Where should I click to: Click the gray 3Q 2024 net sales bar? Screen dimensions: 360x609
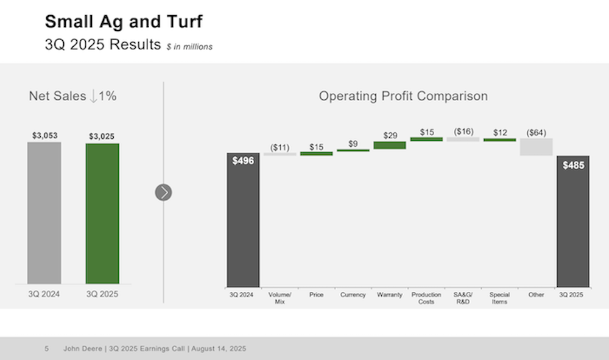coord(44,213)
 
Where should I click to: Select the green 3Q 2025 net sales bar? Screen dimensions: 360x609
coord(102,213)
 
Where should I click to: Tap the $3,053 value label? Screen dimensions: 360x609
coord(44,135)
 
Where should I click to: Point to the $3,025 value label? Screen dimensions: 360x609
coord(102,136)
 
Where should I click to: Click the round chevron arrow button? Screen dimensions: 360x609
coord(163,192)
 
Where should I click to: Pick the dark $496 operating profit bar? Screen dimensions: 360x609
coord(243,220)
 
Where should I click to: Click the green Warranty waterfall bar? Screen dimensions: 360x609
coord(390,145)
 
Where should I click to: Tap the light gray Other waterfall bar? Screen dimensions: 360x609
coord(536,147)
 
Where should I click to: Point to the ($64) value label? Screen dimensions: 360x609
coord(536,132)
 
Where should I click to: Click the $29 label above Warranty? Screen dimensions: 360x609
coord(390,135)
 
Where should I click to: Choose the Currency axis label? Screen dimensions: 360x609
coord(353,295)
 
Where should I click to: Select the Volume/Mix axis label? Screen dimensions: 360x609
coord(280,298)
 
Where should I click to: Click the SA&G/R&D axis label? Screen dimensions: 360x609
coord(463,298)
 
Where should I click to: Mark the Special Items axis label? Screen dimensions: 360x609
coord(499,298)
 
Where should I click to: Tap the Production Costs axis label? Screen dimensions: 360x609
coord(426,298)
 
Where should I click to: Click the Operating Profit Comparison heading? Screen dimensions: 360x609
coord(403,96)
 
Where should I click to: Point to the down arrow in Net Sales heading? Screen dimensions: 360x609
coord(93,96)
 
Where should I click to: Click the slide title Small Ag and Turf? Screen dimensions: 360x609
coord(124,23)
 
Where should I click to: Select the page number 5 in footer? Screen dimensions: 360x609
coord(46,349)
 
